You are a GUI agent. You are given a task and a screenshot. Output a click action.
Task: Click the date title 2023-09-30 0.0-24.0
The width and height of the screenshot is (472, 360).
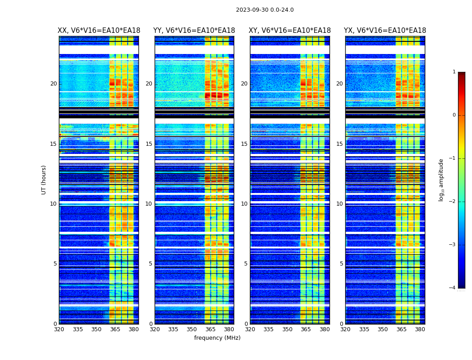(x=265, y=10)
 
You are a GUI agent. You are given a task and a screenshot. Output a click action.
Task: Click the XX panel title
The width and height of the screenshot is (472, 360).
(x=99, y=31)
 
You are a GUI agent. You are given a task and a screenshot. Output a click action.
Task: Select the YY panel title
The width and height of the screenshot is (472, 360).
(x=194, y=31)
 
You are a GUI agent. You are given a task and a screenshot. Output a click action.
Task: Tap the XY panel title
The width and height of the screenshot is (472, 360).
(x=290, y=31)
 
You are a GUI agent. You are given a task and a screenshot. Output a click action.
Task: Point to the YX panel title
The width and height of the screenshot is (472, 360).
(x=385, y=31)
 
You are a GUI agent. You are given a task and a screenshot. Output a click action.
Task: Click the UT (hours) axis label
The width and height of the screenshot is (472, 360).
(x=44, y=180)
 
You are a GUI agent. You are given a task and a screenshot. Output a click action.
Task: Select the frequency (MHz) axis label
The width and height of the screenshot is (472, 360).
(x=217, y=338)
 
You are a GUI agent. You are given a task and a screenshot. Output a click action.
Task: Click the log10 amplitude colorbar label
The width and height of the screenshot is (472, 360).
(x=441, y=180)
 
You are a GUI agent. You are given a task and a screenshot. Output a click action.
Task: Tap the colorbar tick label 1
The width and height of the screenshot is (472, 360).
(x=454, y=72)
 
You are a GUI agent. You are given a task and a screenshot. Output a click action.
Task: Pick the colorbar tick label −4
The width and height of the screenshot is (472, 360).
(x=453, y=288)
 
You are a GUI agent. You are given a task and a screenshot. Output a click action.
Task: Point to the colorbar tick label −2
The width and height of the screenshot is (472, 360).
(x=453, y=202)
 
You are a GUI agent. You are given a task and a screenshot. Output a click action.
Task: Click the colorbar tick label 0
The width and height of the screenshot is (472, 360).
(x=454, y=115)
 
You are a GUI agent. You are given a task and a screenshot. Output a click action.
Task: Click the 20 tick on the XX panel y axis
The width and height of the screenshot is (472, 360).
(x=53, y=84)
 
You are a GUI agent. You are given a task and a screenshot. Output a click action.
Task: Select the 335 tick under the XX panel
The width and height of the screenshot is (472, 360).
(x=78, y=329)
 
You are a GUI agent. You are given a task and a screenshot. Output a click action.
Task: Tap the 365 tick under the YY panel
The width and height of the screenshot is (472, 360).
(x=210, y=329)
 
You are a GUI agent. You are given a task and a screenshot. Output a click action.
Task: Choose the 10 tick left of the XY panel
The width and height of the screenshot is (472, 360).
(x=244, y=204)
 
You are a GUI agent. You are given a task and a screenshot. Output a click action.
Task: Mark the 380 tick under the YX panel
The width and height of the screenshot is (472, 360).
(x=420, y=329)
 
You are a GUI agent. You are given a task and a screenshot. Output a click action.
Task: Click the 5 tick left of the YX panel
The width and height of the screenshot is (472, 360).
(x=341, y=264)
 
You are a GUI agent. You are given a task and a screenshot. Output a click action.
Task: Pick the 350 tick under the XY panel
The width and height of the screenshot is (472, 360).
(x=287, y=329)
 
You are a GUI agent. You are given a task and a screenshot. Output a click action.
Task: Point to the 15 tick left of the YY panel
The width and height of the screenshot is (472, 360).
(x=149, y=144)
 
